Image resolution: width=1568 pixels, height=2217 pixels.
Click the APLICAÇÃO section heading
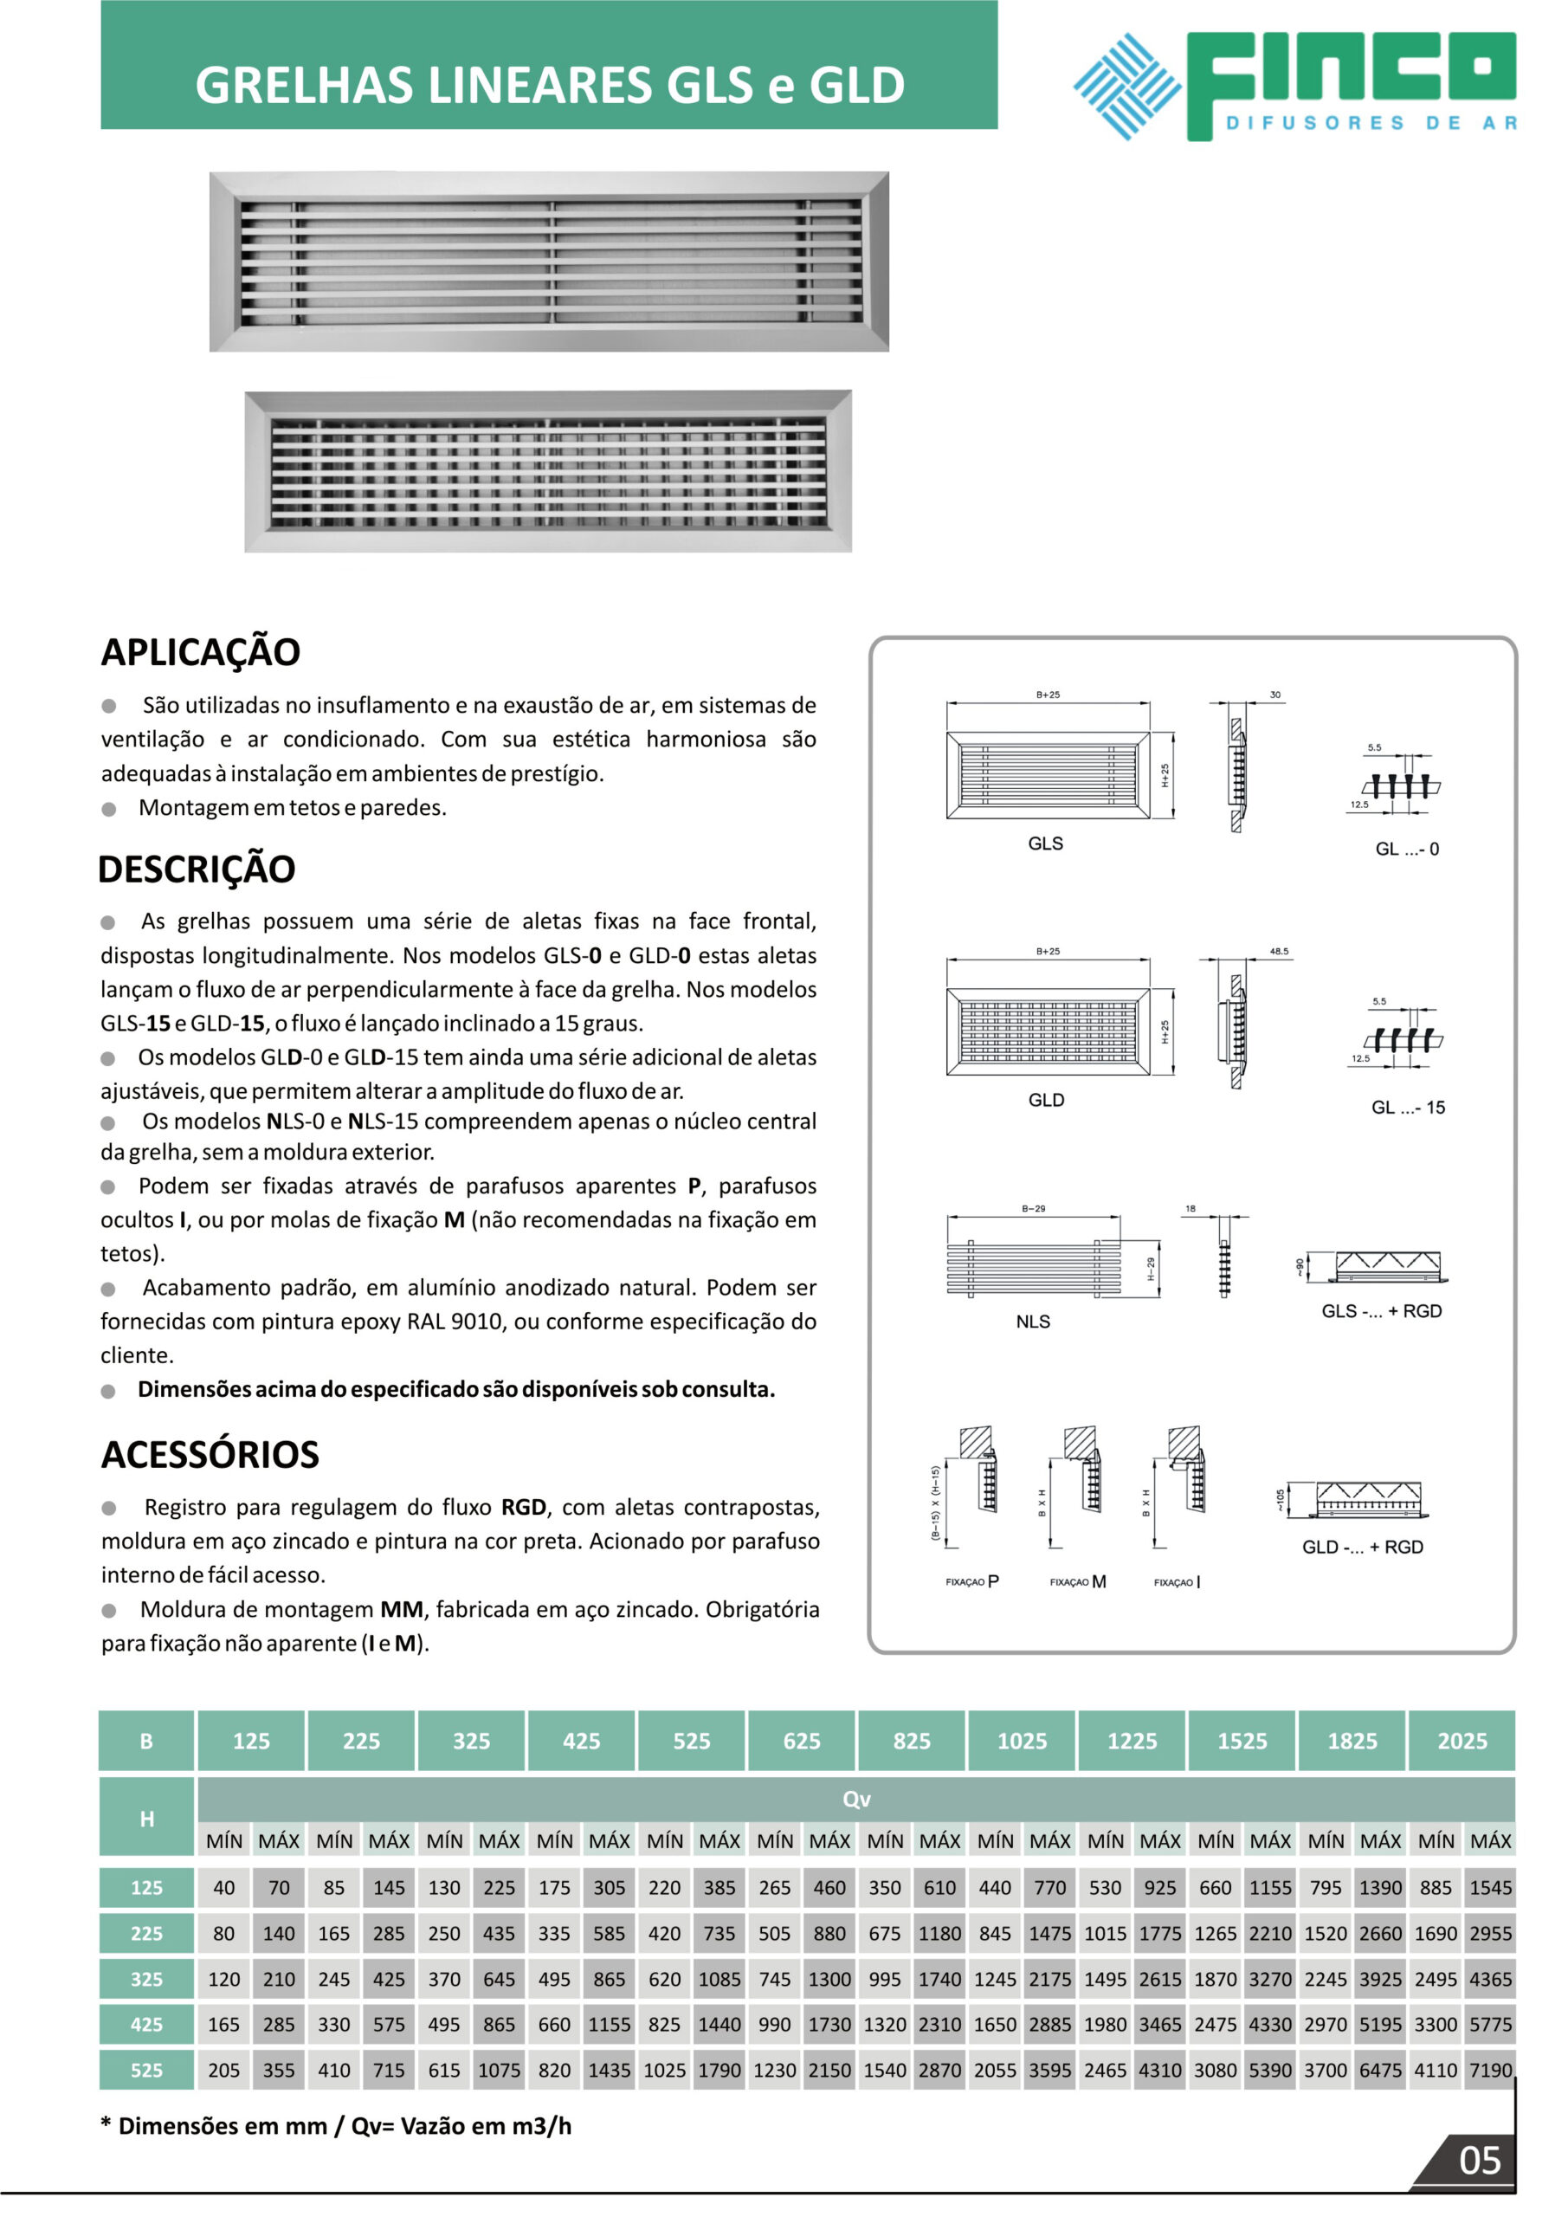201,652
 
